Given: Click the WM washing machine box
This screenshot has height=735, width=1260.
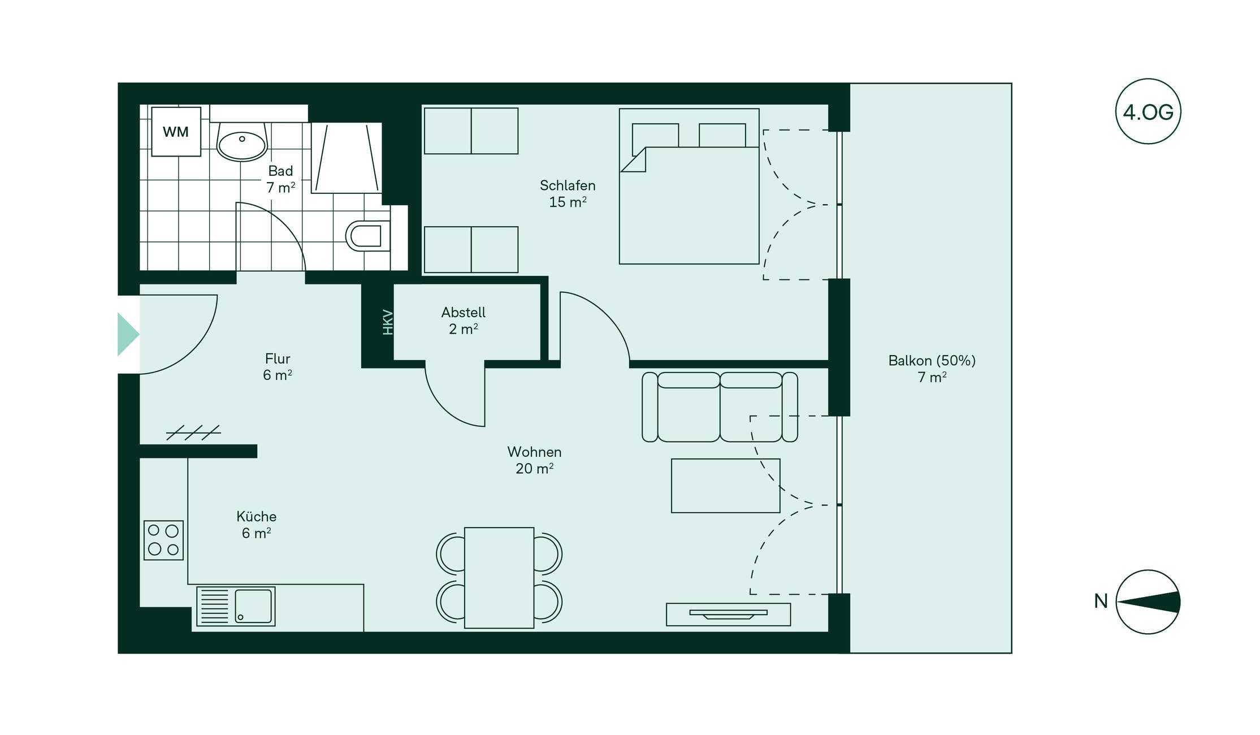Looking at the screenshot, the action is (x=176, y=132).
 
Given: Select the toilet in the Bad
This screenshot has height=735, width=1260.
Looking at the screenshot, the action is (x=368, y=236).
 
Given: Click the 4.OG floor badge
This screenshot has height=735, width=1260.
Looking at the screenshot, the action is (x=1148, y=111).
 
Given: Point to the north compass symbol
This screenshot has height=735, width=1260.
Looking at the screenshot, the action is (x=1148, y=602).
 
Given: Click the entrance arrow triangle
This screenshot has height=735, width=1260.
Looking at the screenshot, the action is (x=128, y=335).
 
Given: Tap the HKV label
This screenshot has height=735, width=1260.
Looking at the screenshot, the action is (x=388, y=322).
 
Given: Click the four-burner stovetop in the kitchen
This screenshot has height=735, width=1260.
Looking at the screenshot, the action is (x=163, y=540).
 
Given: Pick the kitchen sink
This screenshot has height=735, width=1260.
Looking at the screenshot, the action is (x=236, y=606).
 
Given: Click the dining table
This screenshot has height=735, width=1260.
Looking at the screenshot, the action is (x=499, y=578).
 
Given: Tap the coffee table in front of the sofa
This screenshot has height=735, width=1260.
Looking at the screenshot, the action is (x=726, y=486).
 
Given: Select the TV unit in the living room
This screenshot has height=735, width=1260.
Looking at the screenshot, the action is (x=729, y=615).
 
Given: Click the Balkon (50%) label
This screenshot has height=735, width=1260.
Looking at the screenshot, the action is (x=932, y=361).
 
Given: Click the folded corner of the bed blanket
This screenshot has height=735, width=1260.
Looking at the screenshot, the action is (x=634, y=160).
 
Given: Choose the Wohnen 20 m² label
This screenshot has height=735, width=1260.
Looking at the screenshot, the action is (x=534, y=460).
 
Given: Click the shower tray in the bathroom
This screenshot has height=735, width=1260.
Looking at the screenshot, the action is (x=347, y=158).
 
